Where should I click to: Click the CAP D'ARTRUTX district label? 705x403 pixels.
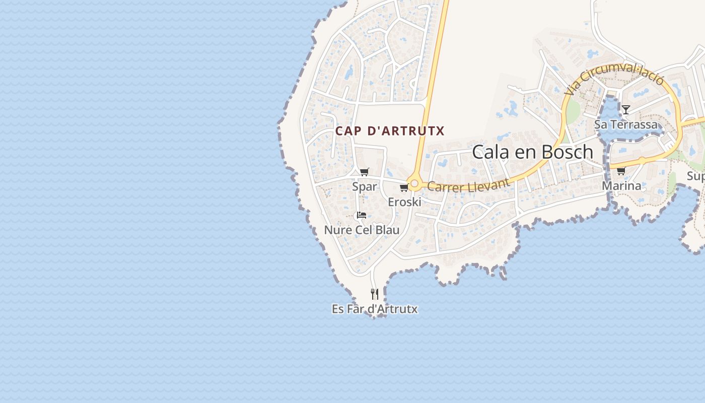coord(390,131)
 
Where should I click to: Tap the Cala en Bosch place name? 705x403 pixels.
coord(532,152)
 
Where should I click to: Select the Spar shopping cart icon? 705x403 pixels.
coord(365,172)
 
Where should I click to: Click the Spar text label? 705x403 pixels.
coord(364,186)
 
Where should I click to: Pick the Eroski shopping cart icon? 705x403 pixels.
coord(404,188)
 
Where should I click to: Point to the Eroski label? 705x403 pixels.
coord(404,202)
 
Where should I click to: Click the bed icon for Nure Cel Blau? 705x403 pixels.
coord(361,215)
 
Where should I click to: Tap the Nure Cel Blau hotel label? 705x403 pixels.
coord(362,230)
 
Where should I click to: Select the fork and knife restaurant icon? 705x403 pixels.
coord(374,294)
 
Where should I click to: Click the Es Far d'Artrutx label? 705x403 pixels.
coord(375,309)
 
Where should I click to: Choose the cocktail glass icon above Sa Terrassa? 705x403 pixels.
coord(625,110)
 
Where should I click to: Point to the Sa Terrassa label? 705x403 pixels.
coord(626,124)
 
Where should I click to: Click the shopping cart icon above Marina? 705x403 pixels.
coord(621,171)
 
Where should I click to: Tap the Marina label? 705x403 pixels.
coord(621,186)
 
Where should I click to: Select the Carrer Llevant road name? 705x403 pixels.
coord(468,185)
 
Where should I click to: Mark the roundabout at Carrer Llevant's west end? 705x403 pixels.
coord(414,184)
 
